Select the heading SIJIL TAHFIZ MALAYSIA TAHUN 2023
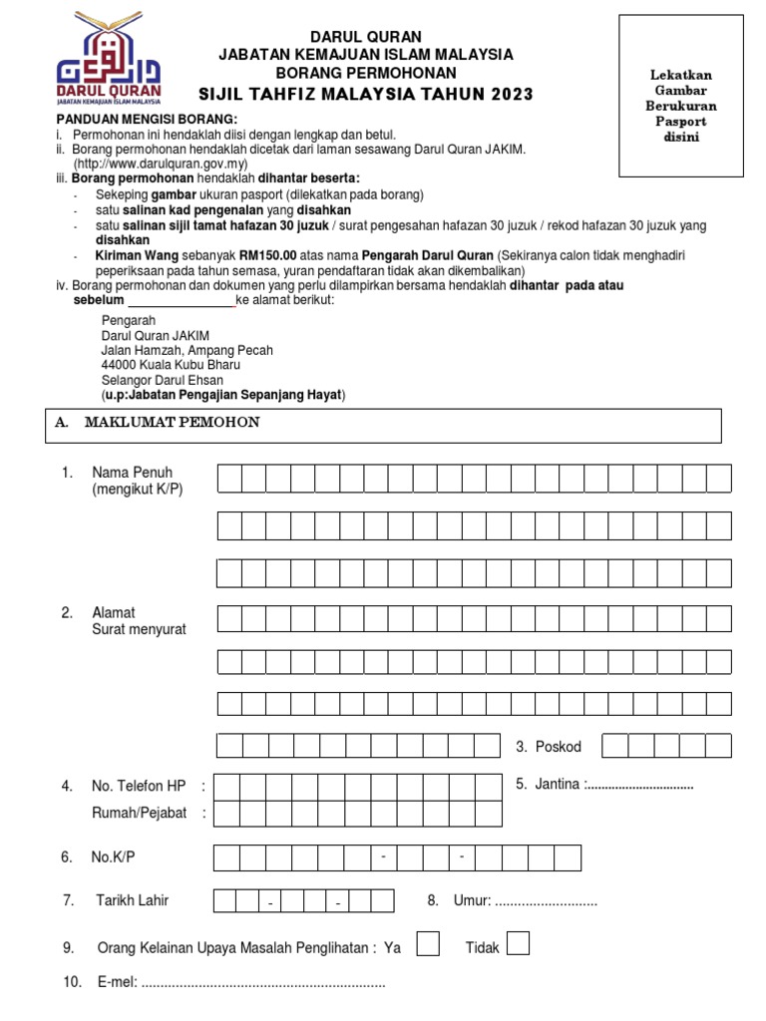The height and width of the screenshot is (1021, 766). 367,94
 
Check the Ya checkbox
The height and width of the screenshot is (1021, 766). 427,944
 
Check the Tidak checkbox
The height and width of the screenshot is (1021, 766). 518,944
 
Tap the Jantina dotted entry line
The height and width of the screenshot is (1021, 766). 639,785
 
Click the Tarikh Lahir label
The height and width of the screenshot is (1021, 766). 132,900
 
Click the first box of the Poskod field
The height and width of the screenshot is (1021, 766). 614,747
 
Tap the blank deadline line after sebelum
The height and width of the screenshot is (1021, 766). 181,300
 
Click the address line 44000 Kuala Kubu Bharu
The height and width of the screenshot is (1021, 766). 171,365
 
